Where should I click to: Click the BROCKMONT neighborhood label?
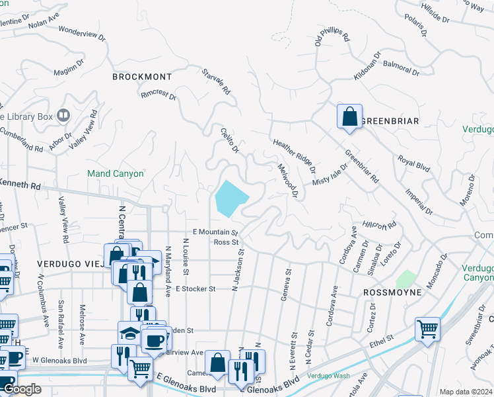click(x=142, y=77)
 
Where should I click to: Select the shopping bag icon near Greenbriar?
click(x=349, y=116)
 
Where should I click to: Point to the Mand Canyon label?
click(x=115, y=173)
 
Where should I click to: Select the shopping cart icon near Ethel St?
click(x=427, y=329)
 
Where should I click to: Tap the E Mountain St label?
click(x=215, y=232)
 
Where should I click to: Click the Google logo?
click(x=22, y=389)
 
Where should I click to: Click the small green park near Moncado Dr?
click(x=406, y=279)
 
